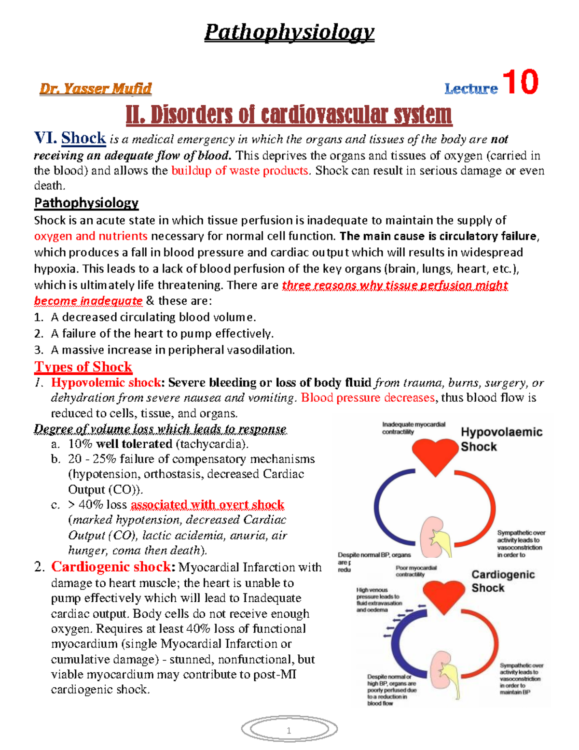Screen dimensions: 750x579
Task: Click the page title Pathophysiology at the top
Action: coord(289,32)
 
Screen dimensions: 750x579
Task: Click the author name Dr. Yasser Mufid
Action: coord(96,89)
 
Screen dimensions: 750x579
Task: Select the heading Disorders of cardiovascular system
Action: coord(289,115)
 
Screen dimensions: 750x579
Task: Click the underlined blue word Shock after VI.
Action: coord(83,139)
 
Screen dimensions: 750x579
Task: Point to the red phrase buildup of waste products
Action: coord(240,171)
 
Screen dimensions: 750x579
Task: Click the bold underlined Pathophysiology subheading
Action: coord(86,203)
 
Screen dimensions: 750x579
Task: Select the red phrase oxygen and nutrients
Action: coord(91,236)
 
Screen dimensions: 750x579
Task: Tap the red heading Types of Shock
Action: coord(83,367)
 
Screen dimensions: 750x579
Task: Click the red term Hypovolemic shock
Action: coord(106,382)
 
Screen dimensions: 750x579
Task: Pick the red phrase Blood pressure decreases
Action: coord(368,398)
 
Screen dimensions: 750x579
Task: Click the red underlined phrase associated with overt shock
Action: coord(207,505)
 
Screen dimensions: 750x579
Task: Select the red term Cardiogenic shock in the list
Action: coord(111,566)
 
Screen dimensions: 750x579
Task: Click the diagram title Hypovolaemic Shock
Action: coord(501,439)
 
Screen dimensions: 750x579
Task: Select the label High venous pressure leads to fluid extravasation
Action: coord(379,600)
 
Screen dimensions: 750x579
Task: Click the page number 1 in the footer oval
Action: coord(289,731)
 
